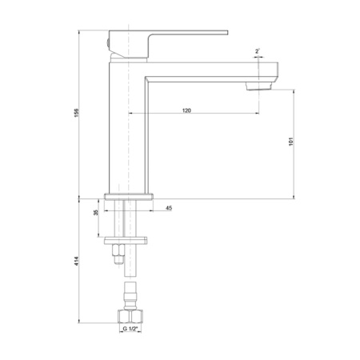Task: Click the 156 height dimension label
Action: click(x=77, y=113)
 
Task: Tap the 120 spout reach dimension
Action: click(x=186, y=110)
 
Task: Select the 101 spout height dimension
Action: click(x=291, y=141)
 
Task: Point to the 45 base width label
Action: click(x=169, y=208)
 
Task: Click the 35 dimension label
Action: click(x=96, y=212)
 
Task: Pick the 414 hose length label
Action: click(x=77, y=261)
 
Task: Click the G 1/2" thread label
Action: click(x=130, y=329)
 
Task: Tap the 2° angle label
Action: click(x=258, y=51)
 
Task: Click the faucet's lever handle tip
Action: click(x=228, y=33)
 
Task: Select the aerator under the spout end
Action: click(x=258, y=86)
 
